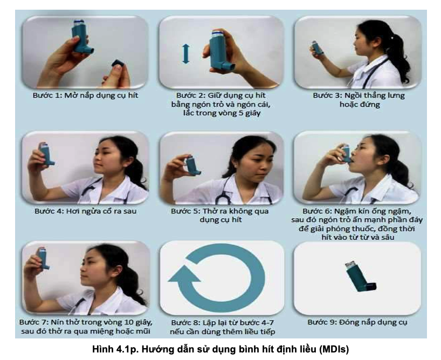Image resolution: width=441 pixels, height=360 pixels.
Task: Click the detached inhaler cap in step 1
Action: [x=118, y=63]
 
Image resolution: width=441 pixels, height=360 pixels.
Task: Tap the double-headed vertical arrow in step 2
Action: [x=186, y=54]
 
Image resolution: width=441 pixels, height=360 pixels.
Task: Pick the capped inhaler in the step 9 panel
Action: [x=360, y=277]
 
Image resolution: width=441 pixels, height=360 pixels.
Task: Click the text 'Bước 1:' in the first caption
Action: [x=47, y=95]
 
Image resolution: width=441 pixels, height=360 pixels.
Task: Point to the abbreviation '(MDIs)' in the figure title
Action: [x=334, y=349]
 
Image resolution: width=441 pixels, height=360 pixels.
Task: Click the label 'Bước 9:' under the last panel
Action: [x=322, y=322]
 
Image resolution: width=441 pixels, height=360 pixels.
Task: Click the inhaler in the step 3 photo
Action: [x=317, y=47]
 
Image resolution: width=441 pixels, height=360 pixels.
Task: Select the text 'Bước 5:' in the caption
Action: [x=185, y=211]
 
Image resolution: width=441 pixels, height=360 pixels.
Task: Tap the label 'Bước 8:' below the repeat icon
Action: [x=185, y=322]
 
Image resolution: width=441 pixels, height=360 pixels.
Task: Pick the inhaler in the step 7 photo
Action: [x=43, y=258]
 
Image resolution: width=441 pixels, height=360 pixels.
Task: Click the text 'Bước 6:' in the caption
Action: [x=316, y=211]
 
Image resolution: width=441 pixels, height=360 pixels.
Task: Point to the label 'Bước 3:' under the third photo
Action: [x=327, y=95]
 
